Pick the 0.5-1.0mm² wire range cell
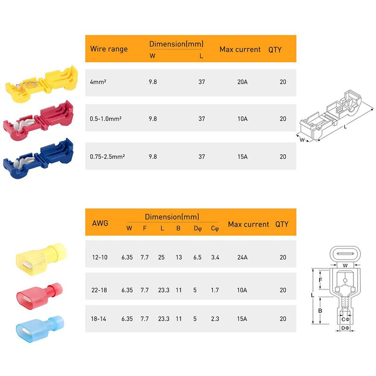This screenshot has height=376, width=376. point(106,119)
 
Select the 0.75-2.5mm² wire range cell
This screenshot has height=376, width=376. point(107,157)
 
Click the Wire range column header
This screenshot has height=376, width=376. point(109,49)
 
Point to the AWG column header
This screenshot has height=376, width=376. point(101,223)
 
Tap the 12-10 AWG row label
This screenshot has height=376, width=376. point(99,257)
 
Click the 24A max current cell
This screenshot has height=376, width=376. point(242,257)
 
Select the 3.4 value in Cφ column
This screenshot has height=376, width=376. point(215,257)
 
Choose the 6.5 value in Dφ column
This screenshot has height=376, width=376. point(197,257)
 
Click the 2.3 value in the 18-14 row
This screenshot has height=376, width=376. point(215,319)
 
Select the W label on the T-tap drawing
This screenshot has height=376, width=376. point(302,140)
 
